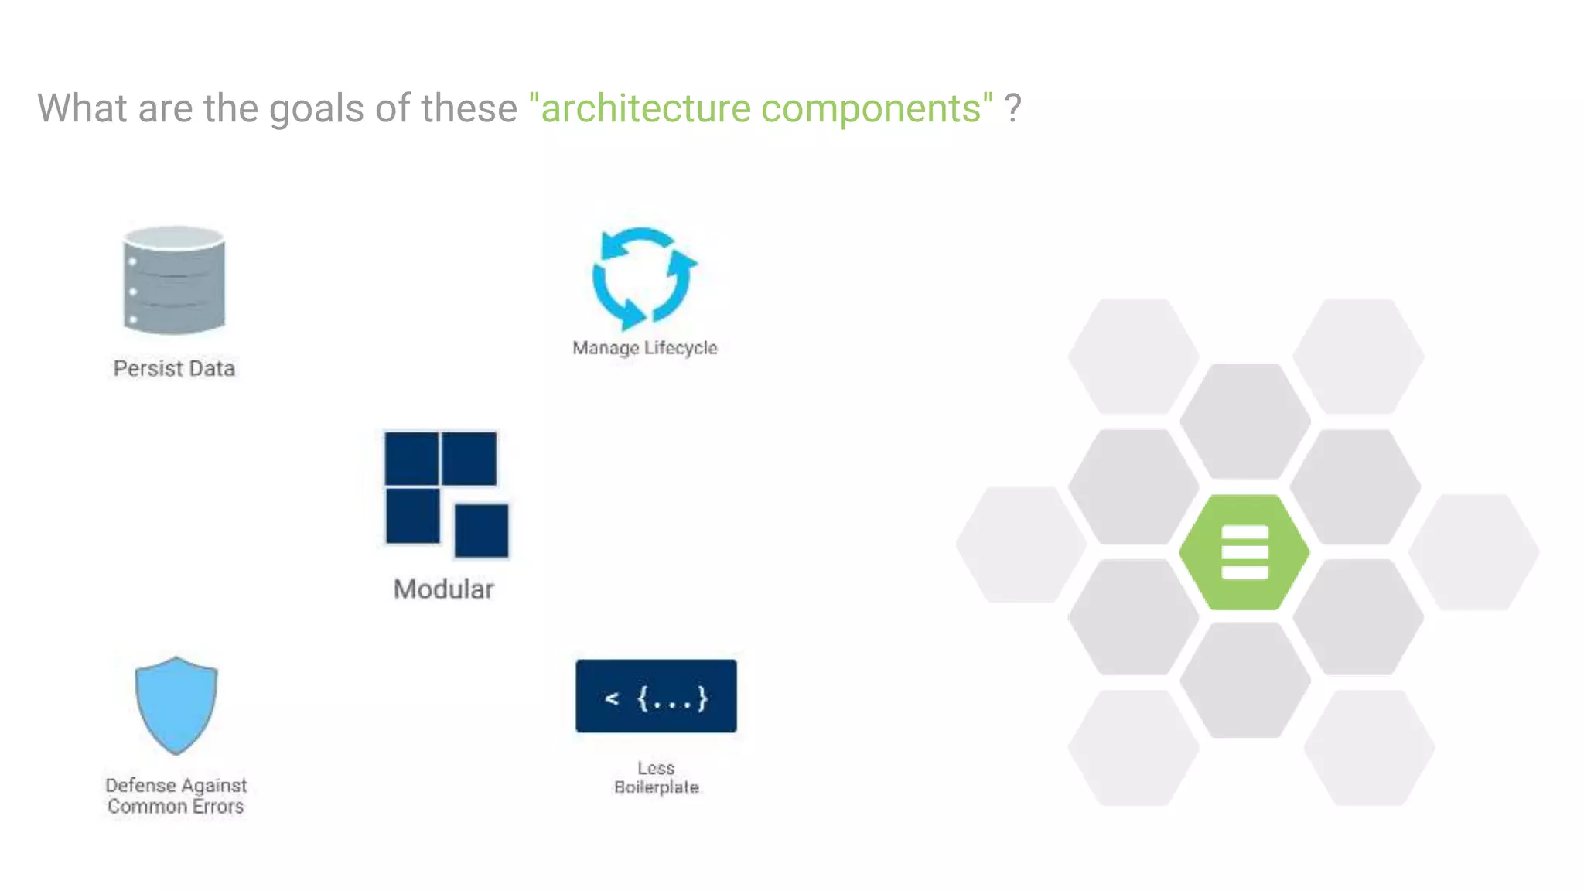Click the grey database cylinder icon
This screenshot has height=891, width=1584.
pyautogui.click(x=174, y=280)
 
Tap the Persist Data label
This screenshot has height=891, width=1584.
pyautogui.click(x=174, y=368)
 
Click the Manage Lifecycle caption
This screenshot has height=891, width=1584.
pyautogui.click(x=644, y=348)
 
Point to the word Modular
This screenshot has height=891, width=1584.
pyautogui.click(x=443, y=589)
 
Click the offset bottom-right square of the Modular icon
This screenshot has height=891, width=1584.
pyautogui.click(x=481, y=531)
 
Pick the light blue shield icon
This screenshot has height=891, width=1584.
pyautogui.click(x=176, y=705)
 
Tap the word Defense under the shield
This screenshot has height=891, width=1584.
pyautogui.click(x=141, y=785)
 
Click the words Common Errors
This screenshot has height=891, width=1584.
pyautogui.click(x=176, y=807)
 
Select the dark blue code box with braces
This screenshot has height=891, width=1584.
pyautogui.click(x=656, y=696)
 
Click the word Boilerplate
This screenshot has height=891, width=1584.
pyautogui.click(x=657, y=787)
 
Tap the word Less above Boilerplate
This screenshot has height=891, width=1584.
pyautogui.click(x=656, y=768)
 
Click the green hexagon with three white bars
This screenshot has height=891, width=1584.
pyautogui.click(x=1244, y=552)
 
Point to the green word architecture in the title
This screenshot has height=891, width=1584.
pyautogui.click(x=646, y=108)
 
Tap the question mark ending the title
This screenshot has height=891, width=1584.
pyautogui.click(x=1012, y=108)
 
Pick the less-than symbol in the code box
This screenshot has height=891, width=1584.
pyautogui.click(x=612, y=698)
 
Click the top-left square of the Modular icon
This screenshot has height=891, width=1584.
pyautogui.click(x=411, y=459)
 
